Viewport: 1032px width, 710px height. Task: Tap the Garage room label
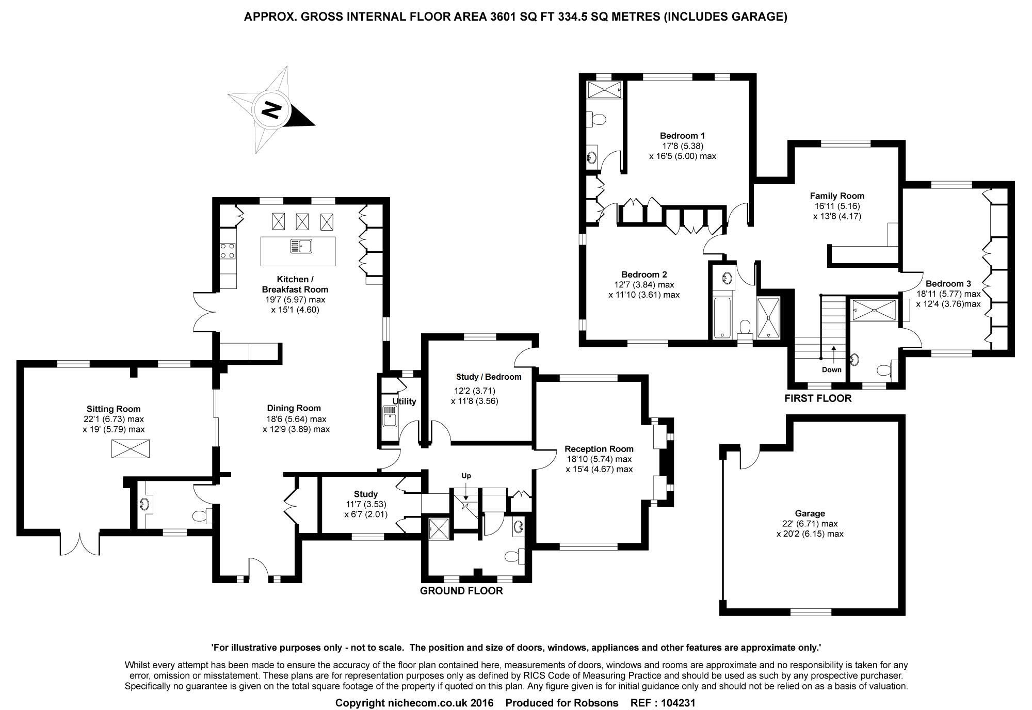click(810, 513)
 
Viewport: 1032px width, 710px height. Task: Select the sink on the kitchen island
click(301, 246)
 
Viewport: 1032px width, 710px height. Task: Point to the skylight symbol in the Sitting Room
click(131, 448)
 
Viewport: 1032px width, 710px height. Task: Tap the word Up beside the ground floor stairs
click(466, 476)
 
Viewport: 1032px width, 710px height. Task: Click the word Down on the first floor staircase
click(832, 369)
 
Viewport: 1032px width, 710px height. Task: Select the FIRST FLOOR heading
click(818, 398)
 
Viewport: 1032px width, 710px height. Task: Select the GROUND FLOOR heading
click(461, 591)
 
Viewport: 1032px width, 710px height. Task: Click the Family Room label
click(836, 196)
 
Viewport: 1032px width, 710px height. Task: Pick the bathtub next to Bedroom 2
click(721, 318)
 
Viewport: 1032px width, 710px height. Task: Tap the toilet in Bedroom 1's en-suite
click(599, 120)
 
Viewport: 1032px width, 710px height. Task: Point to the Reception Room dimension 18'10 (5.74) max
click(599, 459)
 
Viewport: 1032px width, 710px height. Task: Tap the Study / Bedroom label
click(488, 377)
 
